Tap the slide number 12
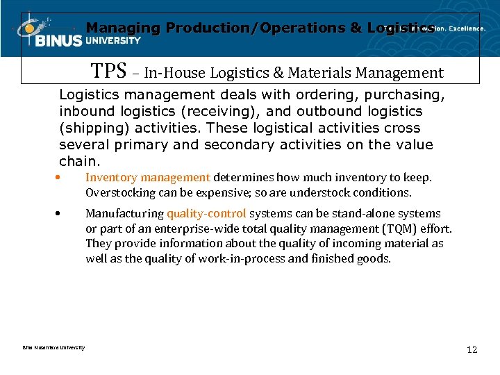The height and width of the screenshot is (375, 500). point(472,350)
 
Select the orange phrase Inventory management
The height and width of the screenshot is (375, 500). point(147,178)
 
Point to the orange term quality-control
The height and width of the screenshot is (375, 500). point(206,214)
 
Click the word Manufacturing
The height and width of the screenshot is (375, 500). point(124,214)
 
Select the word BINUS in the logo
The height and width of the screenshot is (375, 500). point(60,41)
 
